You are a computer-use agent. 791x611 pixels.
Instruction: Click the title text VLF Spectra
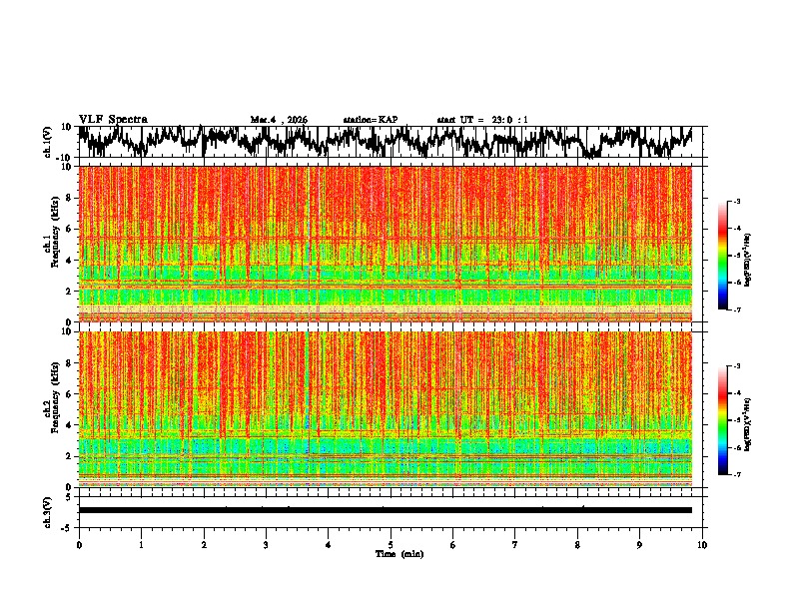113,119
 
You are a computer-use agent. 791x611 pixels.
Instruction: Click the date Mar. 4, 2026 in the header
279,120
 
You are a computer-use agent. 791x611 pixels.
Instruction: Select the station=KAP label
370,120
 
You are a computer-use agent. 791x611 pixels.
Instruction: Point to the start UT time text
482,120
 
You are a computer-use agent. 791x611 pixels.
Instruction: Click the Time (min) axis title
391,554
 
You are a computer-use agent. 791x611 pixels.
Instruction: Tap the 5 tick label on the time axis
391,544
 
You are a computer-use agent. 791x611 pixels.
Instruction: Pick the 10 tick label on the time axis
702,544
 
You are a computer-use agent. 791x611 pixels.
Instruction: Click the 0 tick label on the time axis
79,544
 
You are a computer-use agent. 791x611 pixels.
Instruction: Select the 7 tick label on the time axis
515,544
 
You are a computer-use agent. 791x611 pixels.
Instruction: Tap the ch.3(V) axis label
49,510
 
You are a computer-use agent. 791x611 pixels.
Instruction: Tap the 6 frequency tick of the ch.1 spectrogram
69,229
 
